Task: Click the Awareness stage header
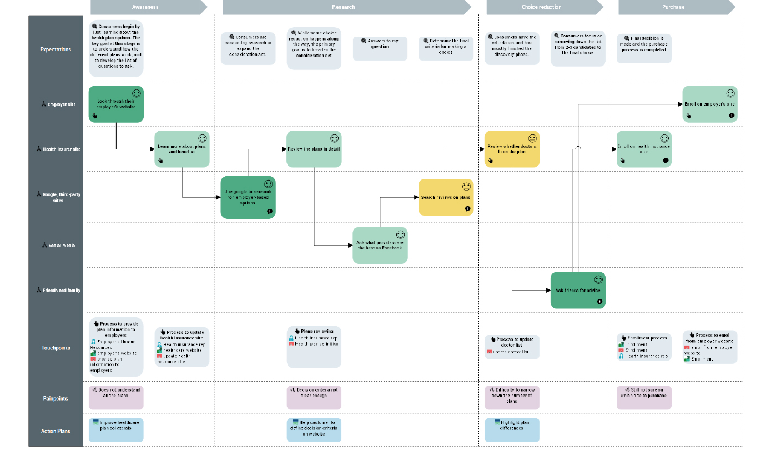pos(145,7)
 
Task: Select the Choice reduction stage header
pos(541,7)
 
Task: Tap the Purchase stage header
pos(673,7)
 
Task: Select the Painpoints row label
pos(56,398)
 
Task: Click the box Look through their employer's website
pos(116,104)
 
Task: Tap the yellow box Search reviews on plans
pos(446,197)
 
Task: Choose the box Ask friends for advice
pos(578,290)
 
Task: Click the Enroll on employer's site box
pos(709,104)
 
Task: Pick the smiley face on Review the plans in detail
pos(334,138)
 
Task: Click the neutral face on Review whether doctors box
pos(532,138)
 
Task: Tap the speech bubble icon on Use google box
pos(269,212)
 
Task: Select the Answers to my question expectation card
pos(380,48)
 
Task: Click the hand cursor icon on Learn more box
pos(161,161)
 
